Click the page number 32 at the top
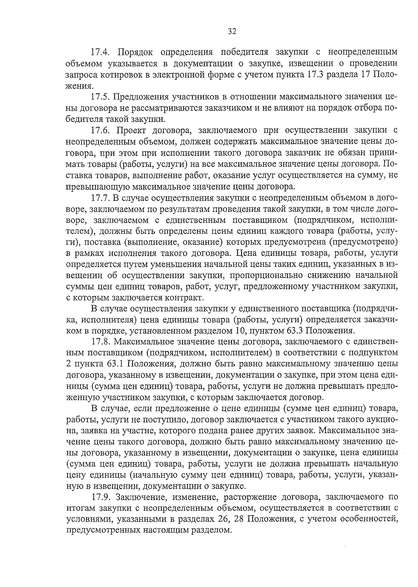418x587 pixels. pos(232,32)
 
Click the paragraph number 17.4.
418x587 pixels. pos(100,52)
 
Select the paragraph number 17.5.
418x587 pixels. pos(100,97)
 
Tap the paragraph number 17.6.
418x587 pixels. pos(100,130)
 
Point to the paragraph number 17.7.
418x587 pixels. pos(100,198)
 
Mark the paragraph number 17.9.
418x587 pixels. pos(100,497)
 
